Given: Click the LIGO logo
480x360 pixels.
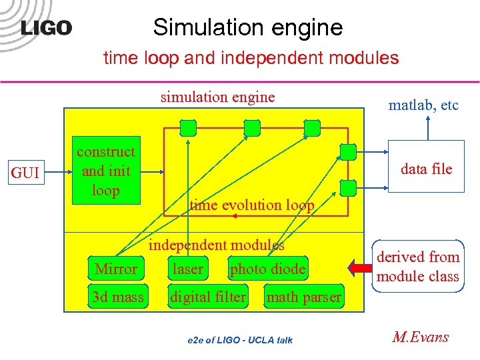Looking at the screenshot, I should pyautogui.click(x=46, y=28).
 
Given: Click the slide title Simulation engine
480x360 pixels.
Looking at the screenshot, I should pyautogui.click(x=247, y=27).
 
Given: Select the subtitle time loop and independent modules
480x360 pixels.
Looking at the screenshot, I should pyautogui.click(x=251, y=58).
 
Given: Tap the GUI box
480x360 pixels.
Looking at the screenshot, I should pyautogui.click(x=26, y=173).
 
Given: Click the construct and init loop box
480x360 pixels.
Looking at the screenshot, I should pyautogui.click(x=105, y=171).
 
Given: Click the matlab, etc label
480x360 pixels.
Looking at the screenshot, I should pyautogui.click(x=423, y=105).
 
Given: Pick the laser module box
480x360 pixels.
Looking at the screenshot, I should pyautogui.click(x=188, y=269).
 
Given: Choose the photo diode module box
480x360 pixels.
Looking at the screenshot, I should pyautogui.click(x=267, y=269).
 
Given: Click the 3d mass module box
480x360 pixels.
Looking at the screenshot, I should pyautogui.click(x=117, y=297).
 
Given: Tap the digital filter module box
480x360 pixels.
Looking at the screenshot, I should pyautogui.click(x=208, y=297).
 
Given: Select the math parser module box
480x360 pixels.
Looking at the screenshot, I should pyautogui.click(x=303, y=297).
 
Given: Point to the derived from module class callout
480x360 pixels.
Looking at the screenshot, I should pyautogui.click(x=418, y=266).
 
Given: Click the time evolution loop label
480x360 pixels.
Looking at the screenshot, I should pyautogui.click(x=251, y=205).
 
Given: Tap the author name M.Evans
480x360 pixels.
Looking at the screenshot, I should pyautogui.click(x=420, y=337).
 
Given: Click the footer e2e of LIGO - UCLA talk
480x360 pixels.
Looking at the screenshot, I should pyautogui.click(x=239, y=340).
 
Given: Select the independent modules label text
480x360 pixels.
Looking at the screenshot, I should pyautogui.click(x=216, y=245).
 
